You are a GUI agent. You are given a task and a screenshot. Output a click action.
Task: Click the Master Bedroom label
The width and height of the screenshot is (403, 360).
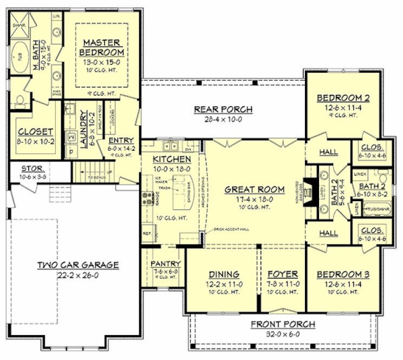[102, 47]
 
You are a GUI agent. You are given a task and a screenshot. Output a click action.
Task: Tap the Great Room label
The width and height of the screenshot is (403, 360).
[255, 189]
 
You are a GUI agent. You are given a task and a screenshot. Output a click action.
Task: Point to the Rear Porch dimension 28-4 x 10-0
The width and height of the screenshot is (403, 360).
[223, 119]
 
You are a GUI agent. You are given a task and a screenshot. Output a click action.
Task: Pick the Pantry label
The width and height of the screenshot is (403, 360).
[164, 263]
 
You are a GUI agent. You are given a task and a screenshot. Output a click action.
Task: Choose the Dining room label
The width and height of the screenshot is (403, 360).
[223, 274]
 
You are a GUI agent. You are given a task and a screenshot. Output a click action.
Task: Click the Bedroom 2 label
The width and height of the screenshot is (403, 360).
[343, 98]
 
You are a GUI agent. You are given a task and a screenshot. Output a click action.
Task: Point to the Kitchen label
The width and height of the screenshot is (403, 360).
[172, 159]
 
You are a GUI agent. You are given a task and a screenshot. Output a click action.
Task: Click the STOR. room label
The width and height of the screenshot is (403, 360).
[31, 169]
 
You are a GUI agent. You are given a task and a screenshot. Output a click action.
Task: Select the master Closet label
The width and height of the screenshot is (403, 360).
[35, 132]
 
